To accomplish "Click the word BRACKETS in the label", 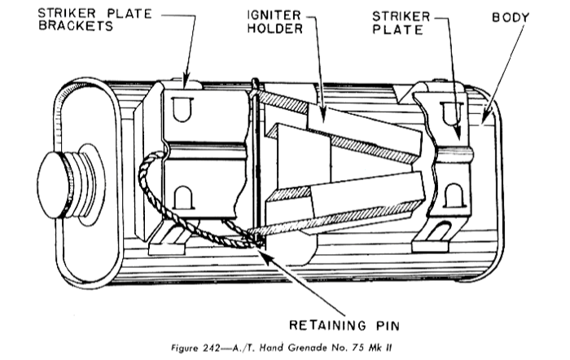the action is tap(76, 26).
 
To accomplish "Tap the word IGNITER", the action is tap(274, 15).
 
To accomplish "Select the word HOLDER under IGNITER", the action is tap(275, 29).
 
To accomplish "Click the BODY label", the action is tap(511, 17).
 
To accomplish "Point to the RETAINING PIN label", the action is tap(344, 325).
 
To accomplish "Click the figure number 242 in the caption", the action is tap(211, 348).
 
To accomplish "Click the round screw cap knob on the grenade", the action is tap(55, 186).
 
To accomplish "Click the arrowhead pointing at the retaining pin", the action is tap(267, 254).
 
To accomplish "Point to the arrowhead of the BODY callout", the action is tap(484, 117).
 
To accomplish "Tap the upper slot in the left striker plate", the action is tap(181, 108).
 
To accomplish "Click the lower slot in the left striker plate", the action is tap(183, 198).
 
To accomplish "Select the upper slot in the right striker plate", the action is tap(451, 113).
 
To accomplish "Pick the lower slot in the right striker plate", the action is tap(454, 195).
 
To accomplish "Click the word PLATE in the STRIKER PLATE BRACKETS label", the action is tap(129, 14).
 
